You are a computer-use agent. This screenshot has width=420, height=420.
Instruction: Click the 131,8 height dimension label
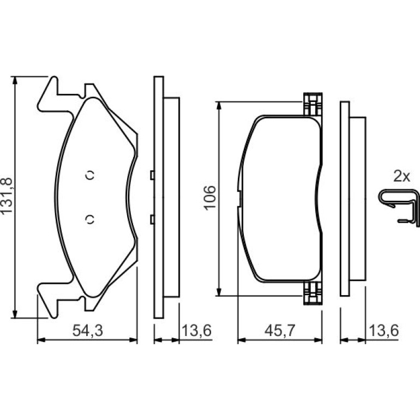[7, 195]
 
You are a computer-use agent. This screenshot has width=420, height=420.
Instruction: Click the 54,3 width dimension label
[88, 330]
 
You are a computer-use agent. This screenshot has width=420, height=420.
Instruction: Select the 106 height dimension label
[209, 197]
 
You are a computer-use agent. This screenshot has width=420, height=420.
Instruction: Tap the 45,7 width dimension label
[280, 330]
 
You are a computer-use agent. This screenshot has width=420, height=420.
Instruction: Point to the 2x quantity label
[401, 177]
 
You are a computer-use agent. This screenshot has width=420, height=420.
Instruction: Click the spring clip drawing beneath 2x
[399, 206]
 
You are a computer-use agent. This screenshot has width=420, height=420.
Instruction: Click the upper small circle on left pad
[90, 176]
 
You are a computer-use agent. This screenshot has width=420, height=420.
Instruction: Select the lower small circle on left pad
[90, 220]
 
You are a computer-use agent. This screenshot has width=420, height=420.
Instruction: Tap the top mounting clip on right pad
[313, 104]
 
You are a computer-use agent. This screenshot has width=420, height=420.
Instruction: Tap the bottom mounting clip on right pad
[313, 293]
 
